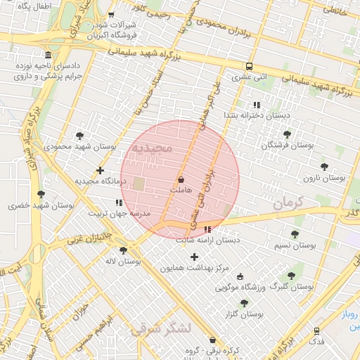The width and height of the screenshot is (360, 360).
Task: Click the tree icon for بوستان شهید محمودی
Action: pyautogui.click(x=79, y=135)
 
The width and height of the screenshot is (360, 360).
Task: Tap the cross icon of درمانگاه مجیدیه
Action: pyautogui.click(x=101, y=170)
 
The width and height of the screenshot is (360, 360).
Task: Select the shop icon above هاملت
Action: pyautogui.click(x=181, y=180)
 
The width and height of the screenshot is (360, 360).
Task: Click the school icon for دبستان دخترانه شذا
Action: pyautogui.click(x=256, y=105)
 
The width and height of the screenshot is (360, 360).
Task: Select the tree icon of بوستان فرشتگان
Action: pyautogui.click(x=286, y=134)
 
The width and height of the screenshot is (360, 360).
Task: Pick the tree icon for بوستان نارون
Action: pyautogui.click(x=323, y=167)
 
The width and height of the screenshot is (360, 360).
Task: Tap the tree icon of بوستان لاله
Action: pyautogui.click(x=124, y=250)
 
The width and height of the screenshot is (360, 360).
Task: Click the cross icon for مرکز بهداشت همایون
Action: pyautogui.click(x=195, y=257)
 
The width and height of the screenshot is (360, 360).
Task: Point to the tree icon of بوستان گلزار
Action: pyautogui.click(x=244, y=303)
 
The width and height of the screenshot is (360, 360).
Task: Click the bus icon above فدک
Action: pyautogui.click(x=317, y=330)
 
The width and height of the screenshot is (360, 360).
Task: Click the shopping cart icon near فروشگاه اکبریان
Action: pyautogui.click(x=111, y=15)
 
